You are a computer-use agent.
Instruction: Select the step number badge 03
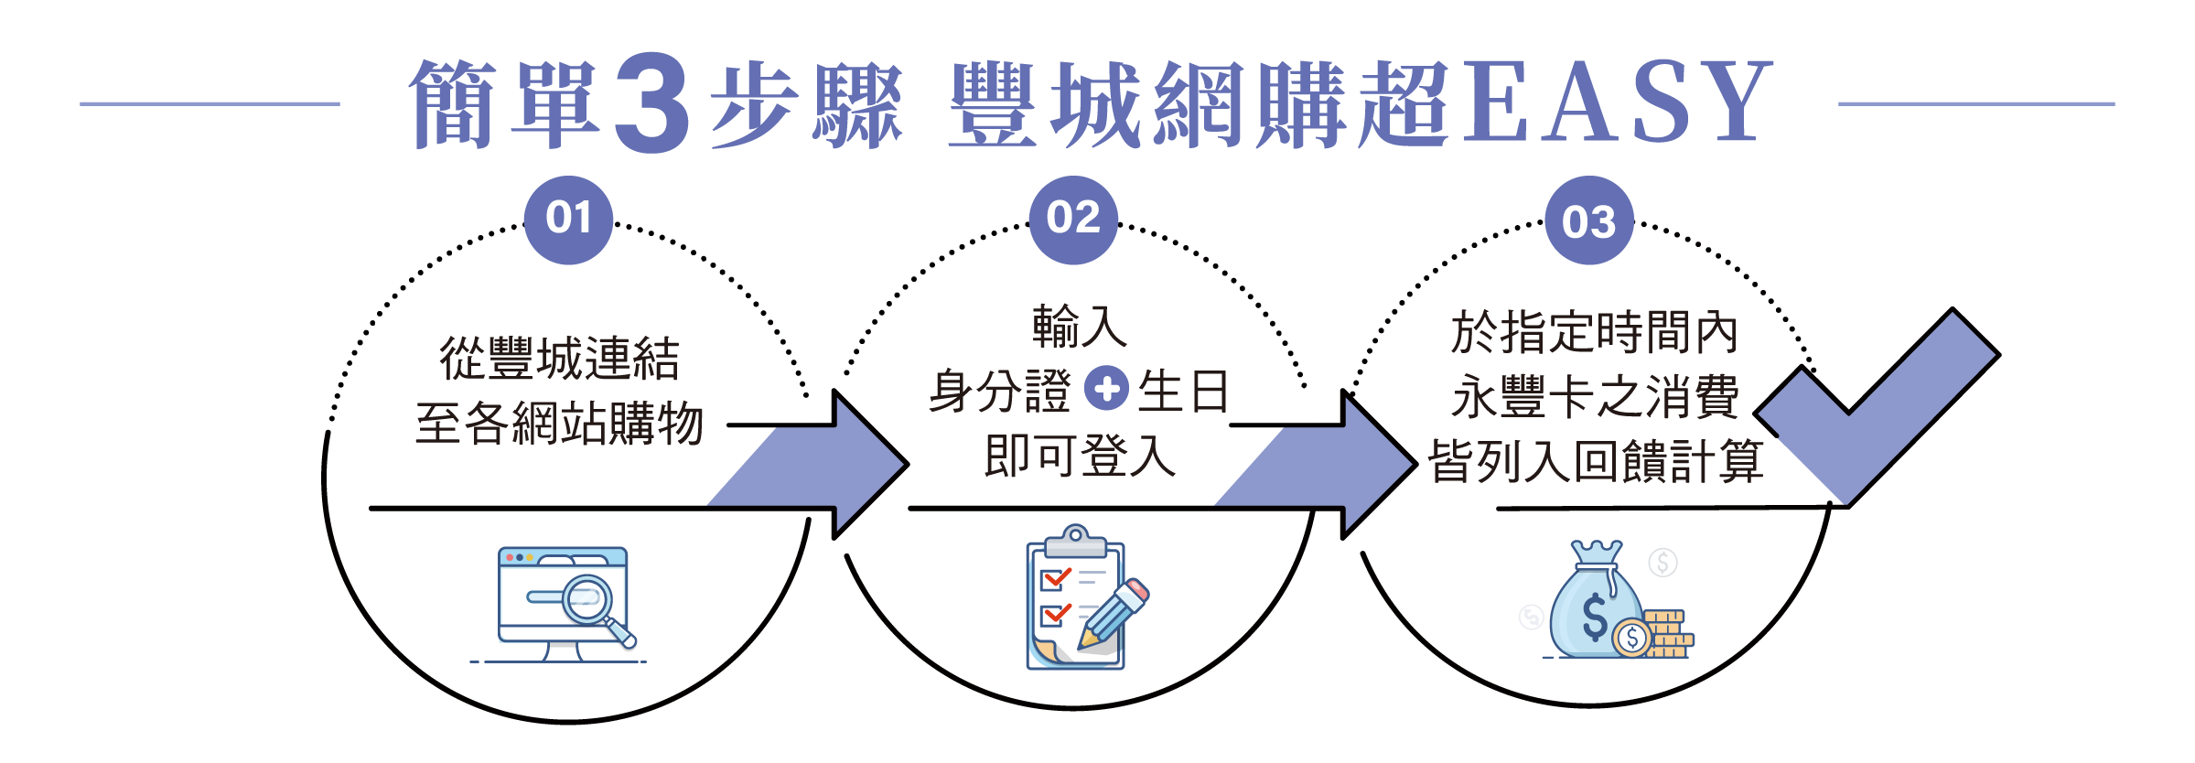click(x=1589, y=221)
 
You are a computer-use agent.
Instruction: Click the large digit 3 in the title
click(x=651, y=102)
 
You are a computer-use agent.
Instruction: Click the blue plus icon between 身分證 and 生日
click(x=1106, y=389)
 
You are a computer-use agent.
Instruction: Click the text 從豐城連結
click(x=560, y=359)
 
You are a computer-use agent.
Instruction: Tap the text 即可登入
click(x=1080, y=456)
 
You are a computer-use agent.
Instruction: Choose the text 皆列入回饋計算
click(x=1596, y=461)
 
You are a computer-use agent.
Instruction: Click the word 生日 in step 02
click(x=1183, y=392)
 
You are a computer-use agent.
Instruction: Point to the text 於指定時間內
click(x=1594, y=332)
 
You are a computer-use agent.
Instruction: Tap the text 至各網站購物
click(x=560, y=424)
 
